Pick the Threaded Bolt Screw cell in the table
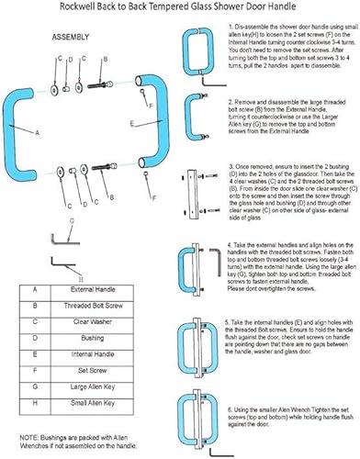pos(103,280)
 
